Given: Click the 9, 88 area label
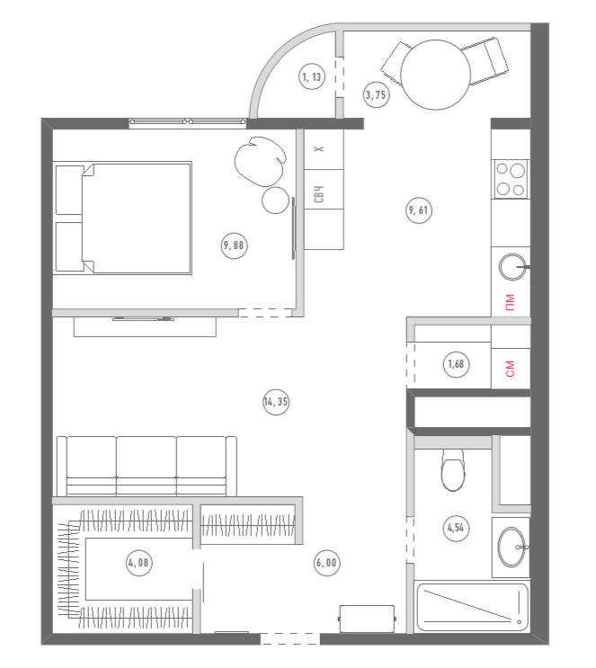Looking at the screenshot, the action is click(235, 245).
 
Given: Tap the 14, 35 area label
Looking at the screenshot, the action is click(276, 402).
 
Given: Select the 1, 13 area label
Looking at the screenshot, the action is click(312, 76).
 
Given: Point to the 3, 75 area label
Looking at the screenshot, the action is click(376, 94).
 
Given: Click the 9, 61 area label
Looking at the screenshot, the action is click(418, 210).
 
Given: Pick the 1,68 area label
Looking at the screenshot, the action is click(457, 364).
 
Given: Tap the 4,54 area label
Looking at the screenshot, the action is click(457, 528).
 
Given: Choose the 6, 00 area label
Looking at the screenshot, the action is click(326, 563).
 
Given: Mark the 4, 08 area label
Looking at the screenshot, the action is click(139, 563).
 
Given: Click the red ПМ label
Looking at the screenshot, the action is click(510, 302).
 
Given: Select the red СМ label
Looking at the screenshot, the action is click(510, 369).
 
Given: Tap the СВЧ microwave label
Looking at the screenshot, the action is click(318, 194).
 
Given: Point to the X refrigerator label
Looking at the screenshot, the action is click(318, 148).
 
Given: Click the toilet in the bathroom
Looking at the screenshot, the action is click(453, 470).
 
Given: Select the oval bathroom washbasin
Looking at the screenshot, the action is click(511, 548).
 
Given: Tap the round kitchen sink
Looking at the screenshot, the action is click(512, 267).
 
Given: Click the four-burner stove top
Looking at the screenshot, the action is click(511, 179).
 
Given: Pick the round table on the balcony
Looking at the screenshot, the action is click(435, 75).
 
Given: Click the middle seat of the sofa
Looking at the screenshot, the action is click(147, 466).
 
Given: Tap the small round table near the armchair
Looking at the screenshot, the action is click(276, 200).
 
